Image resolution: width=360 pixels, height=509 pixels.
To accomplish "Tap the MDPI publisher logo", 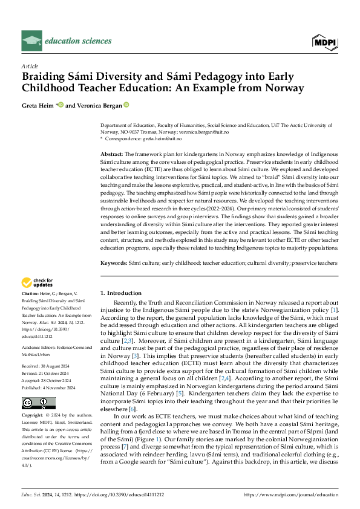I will pyautogui.click(x=324, y=42).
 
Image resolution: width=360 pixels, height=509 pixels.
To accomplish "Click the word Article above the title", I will pyautogui.click(x=30, y=65).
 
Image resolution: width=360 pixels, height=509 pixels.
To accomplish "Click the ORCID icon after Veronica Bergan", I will pyautogui.click(x=126, y=105).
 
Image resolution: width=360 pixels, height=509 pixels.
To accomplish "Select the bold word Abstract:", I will pyautogui.click(x=112, y=155).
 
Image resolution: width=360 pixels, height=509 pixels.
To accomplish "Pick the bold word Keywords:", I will pyautogui.click(x=114, y=264).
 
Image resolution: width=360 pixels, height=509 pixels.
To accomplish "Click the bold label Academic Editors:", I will pyautogui.click(x=40, y=331).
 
